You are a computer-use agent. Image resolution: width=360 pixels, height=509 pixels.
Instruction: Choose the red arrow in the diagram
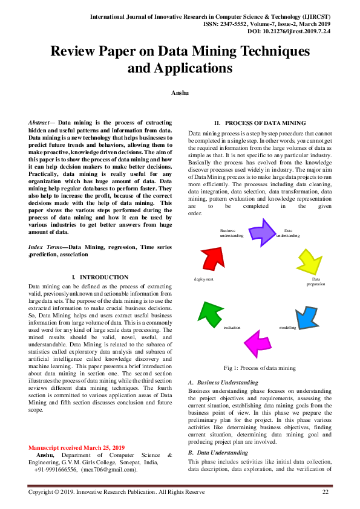tap(212, 258)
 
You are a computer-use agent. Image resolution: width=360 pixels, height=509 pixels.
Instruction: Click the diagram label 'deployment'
tap(203, 279)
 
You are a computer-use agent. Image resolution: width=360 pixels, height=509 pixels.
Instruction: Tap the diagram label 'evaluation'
tap(232, 327)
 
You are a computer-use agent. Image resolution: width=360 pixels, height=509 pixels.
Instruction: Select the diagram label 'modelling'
tap(287, 327)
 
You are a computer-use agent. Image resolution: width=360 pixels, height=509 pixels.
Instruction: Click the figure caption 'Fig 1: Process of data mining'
tap(260, 368)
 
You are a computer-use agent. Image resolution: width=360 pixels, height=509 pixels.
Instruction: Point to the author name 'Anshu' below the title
tap(180, 92)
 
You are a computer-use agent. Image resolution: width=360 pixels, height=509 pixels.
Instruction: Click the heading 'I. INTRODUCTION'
tap(100, 277)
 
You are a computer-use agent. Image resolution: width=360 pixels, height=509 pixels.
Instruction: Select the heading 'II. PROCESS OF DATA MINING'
tap(260, 123)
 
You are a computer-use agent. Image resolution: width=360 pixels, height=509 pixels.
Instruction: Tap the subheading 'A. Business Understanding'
tap(223, 383)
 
